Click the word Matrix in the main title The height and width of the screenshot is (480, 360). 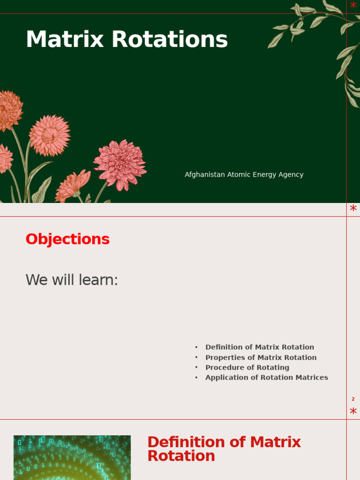65,39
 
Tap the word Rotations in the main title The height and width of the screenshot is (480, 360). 170,39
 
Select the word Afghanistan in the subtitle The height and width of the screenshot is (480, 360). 205,174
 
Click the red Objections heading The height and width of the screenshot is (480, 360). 67,239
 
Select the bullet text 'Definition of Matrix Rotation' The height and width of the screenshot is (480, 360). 260,347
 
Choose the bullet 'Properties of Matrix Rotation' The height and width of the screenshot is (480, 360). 261,358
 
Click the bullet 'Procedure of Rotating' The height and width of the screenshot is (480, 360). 247,367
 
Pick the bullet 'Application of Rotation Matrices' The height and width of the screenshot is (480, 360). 267,377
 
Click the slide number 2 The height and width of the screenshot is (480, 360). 353,399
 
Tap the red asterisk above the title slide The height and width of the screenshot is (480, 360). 353,5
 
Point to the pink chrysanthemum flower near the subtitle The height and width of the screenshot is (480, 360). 120,165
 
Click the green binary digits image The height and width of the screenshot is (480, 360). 72,457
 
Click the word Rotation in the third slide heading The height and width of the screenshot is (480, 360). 181,456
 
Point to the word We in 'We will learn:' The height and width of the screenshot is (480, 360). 37,280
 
